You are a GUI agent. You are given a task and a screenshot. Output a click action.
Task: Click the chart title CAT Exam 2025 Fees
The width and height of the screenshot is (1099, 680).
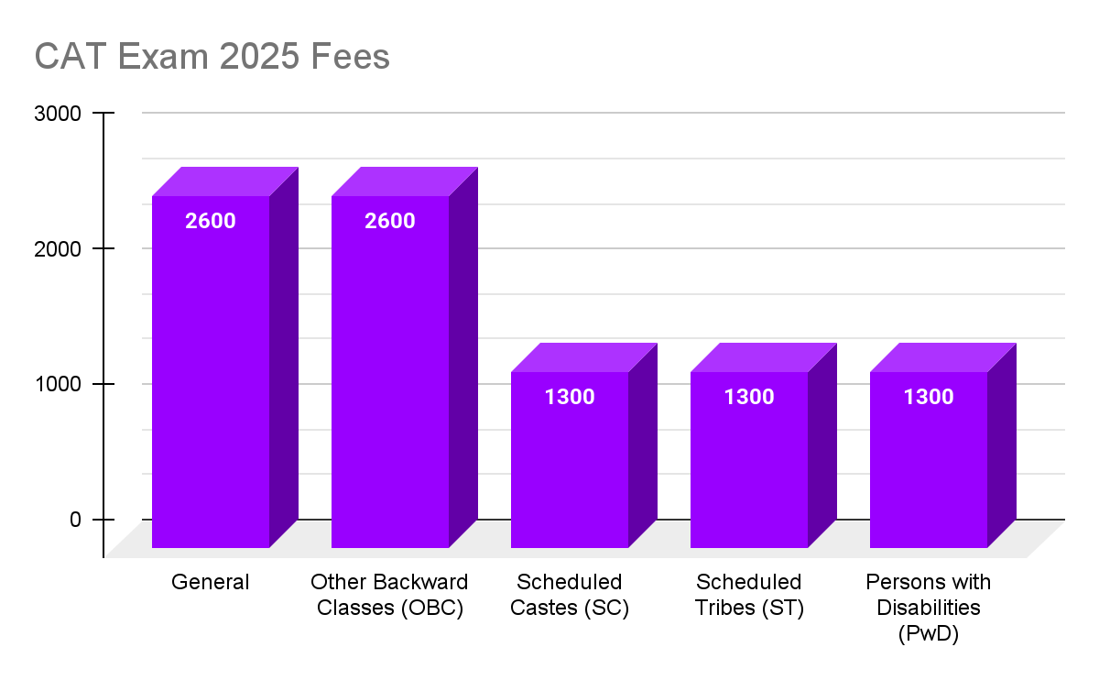pos(212,57)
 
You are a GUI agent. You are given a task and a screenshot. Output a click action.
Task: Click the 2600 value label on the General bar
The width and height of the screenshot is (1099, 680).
pos(211,221)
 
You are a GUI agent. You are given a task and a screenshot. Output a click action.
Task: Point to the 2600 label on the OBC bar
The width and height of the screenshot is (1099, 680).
pos(390,221)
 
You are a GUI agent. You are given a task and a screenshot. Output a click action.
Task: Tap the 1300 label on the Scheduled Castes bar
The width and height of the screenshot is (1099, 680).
pos(570,397)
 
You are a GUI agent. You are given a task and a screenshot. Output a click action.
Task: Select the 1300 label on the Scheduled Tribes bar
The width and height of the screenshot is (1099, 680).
pos(749,397)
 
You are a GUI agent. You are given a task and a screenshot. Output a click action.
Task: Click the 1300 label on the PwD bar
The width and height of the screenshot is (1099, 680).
pos(929,397)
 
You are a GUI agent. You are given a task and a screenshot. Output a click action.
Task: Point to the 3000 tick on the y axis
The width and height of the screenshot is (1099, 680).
pos(59,114)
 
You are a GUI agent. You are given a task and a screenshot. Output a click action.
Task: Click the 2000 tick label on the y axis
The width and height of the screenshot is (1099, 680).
pos(59,248)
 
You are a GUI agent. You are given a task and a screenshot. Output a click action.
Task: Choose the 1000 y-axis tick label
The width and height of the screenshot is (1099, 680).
pos(59,384)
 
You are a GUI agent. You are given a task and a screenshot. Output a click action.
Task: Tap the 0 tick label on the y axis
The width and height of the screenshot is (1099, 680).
pos(75,520)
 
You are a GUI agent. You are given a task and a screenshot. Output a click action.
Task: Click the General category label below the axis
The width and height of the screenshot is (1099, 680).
pos(211,582)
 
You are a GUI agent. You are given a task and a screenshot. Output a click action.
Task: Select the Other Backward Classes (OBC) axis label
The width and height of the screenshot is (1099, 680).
pos(390,595)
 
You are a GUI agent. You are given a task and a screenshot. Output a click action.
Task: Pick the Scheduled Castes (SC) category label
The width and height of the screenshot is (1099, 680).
pos(570,595)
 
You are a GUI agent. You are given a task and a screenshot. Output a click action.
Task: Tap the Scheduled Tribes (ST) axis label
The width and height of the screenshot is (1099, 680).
pos(749,595)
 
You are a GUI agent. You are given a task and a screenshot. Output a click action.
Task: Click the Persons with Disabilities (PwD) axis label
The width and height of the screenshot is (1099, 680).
pos(929,608)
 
